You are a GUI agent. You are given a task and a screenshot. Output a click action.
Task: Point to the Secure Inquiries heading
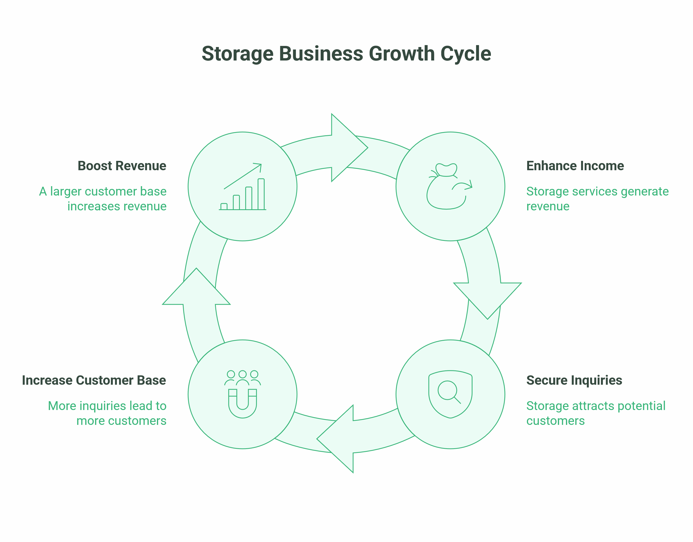(x=574, y=380)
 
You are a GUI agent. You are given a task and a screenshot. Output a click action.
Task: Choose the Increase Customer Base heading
(x=94, y=380)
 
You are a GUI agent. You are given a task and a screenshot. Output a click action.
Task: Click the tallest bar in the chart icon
(x=261, y=194)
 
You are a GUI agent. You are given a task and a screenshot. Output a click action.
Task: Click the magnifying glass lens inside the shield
(x=447, y=390)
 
